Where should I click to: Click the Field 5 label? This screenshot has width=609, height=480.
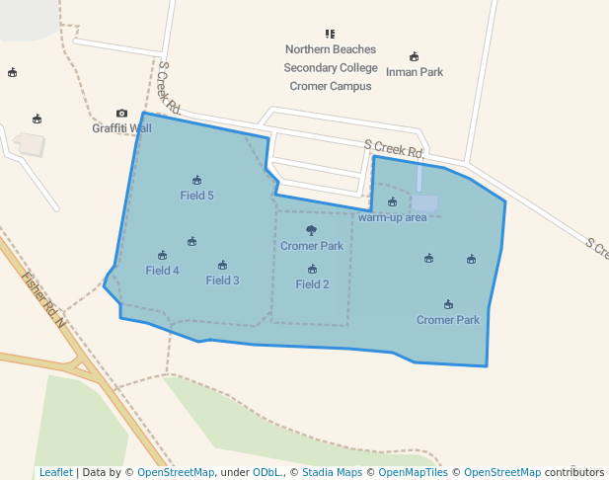(196, 196)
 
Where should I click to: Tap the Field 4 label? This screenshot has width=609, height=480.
(162, 271)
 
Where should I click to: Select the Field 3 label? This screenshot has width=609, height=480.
(222, 280)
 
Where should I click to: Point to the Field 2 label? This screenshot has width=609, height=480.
(312, 284)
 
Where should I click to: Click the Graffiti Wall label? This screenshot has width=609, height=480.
(121, 128)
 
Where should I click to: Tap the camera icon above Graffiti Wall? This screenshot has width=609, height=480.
(121, 114)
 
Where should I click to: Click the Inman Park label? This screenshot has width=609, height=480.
(414, 72)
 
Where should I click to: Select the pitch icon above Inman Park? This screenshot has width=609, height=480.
(414, 57)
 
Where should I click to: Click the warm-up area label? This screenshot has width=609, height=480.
(392, 217)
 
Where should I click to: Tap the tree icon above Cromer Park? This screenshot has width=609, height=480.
(312, 231)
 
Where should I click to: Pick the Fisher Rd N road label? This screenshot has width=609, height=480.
(43, 299)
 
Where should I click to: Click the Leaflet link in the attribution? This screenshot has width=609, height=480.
(55, 473)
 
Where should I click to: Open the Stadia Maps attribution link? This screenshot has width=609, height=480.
(332, 473)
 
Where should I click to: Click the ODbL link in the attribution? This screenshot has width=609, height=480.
(267, 473)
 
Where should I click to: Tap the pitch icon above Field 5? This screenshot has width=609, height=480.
(196, 180)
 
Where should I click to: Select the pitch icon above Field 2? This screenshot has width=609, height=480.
(312, 269)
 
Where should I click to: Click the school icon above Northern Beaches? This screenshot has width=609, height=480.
(330, 34)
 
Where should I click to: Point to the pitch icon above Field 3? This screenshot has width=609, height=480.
(222, 265)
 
